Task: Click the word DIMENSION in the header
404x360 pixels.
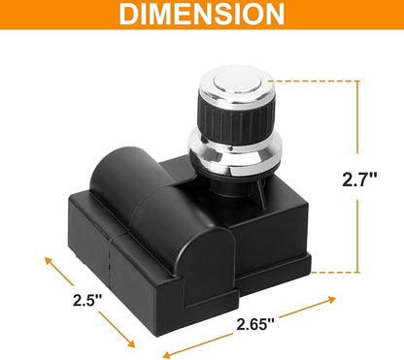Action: [202, 14]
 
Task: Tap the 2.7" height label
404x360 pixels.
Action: [359, 179]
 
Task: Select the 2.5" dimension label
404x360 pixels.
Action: [87, 300]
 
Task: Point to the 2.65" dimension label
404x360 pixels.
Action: [255, 324]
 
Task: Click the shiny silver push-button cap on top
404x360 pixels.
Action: [236, 84]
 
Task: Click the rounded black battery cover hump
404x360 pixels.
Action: [162, 211]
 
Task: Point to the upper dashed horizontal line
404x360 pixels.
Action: [314, 81]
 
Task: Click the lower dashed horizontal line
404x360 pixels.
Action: [335, 273]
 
